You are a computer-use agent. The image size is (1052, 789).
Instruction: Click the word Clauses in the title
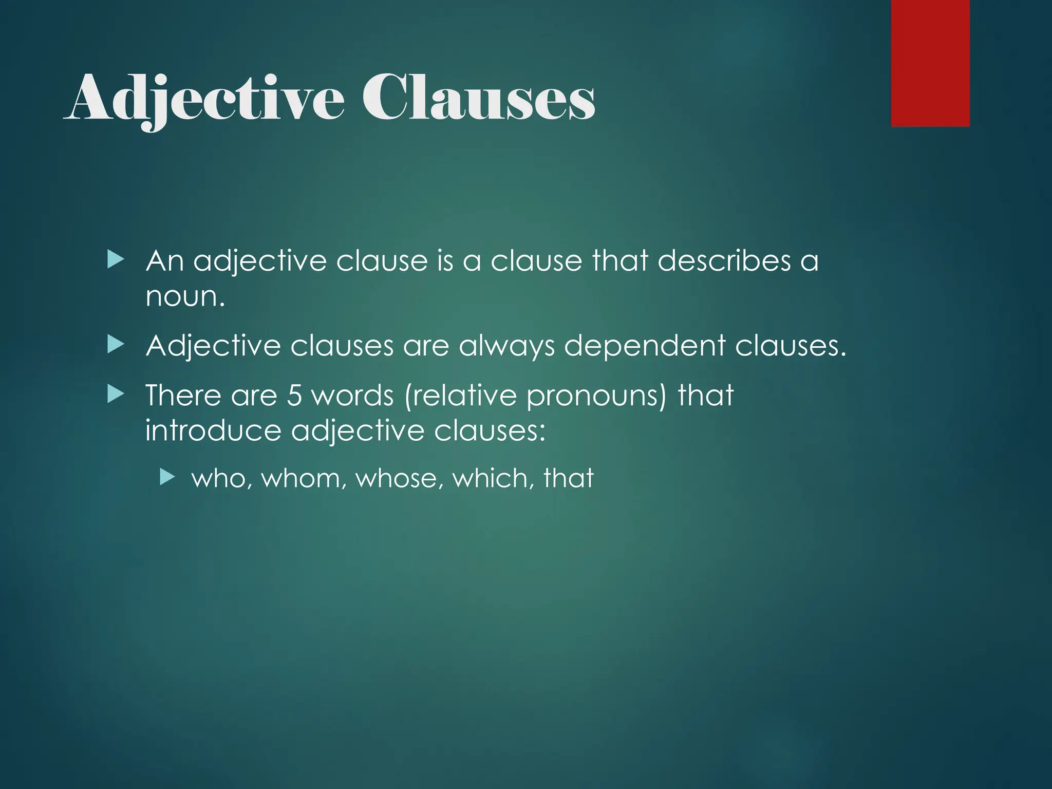pyautogui.click(x=478, y=98)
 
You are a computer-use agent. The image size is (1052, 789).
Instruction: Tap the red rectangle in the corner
pyautogui.click(x=930, y=63)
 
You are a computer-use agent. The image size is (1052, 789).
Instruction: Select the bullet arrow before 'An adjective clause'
pyautogui.click(x=116, y=260)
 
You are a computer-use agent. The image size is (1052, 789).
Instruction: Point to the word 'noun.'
pyautogui.click(x=185, y=297)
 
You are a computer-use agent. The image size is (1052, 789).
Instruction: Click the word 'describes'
pyautogui.click(x=724, y=261)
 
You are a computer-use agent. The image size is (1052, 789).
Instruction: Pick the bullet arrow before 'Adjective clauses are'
pyautogui.click(x=116, y=345)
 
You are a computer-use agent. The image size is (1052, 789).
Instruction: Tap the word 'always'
pyautogui.click(x=506, y=346)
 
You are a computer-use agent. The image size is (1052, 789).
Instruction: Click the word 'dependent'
pyautogui.click(x=645, y=346)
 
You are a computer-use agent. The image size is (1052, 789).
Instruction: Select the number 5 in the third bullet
pyautogui.click(x=294, y=396)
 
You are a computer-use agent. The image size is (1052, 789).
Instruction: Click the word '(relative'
pyautogui.click(x=460, y=396)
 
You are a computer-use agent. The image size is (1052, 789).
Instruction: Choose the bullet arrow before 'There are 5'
pyautogui.click(x=116, y=394)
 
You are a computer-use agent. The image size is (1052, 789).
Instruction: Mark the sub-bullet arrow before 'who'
pyautogui.click(x=167, y=478)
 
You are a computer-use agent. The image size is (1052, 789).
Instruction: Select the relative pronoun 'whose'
pyautogui.click(x=399, y=478)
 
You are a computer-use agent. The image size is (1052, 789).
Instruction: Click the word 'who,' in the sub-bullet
pyautogui.click(x=221, y=478)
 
